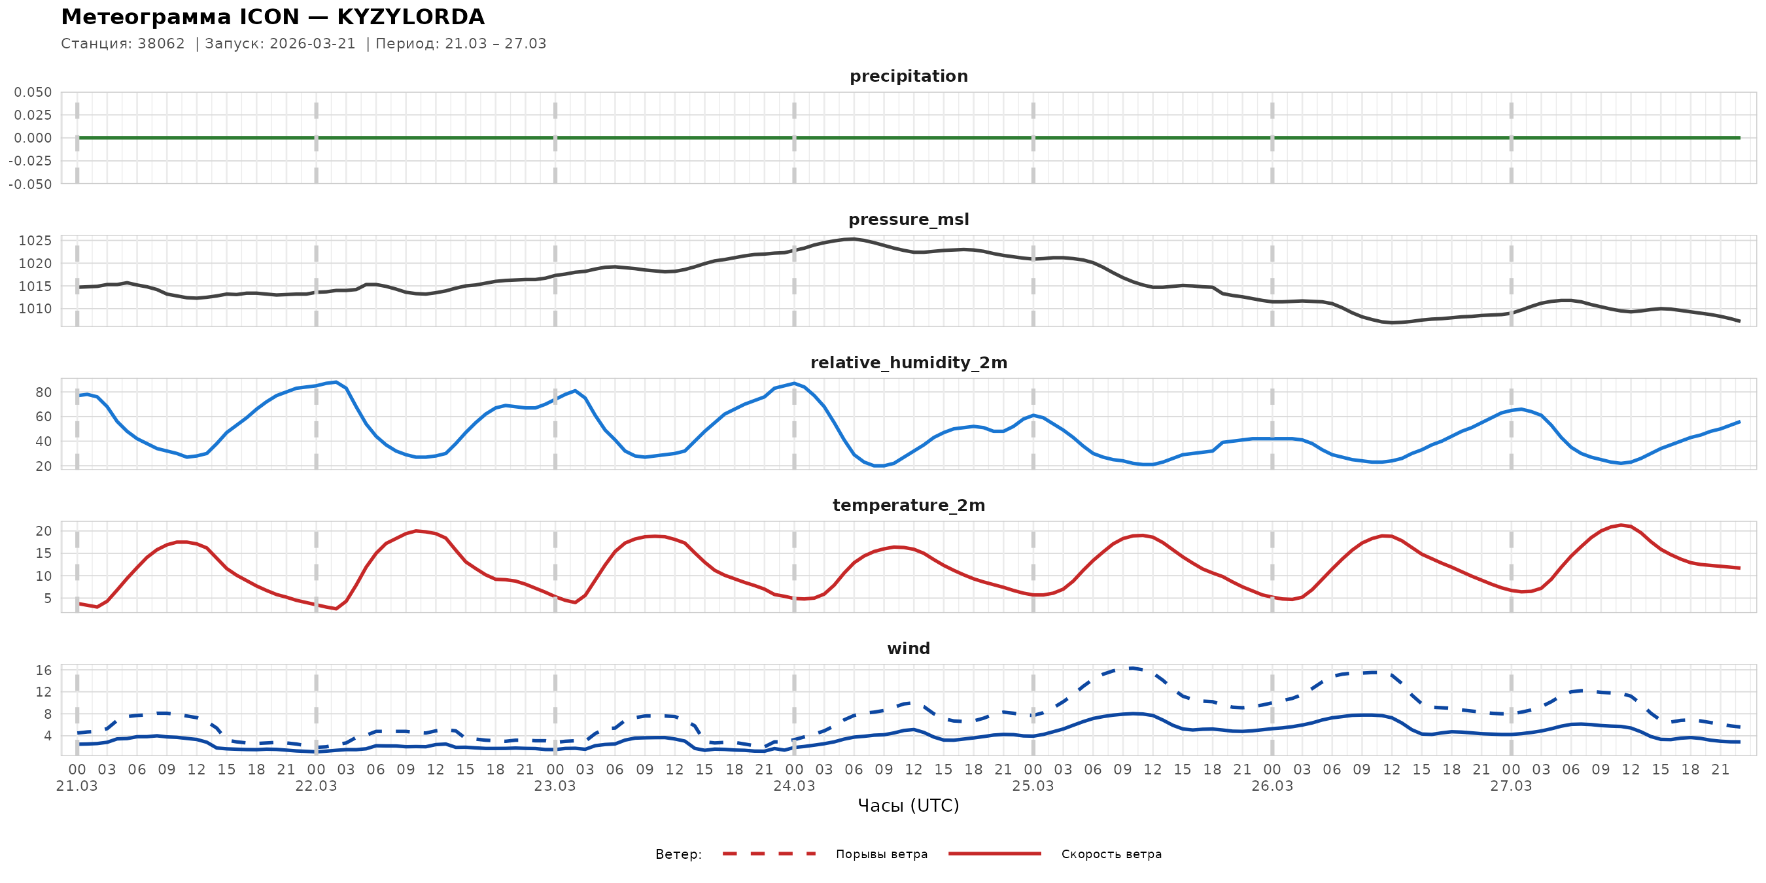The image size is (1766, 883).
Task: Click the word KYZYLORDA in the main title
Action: click(x=411, y=17)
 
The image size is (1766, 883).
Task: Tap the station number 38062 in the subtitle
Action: click(x=161, y=44)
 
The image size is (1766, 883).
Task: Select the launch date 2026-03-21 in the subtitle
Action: click(x=313, y=44)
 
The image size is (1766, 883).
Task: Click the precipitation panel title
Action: click(x=909, y=76)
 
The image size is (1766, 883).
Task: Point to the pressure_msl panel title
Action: click(x=909, y=219)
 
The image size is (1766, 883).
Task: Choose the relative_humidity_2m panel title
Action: click(x=909, y=362)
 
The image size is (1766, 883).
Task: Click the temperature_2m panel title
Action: click(x=909, y=505)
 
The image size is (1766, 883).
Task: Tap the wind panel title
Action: click(x=909, y=649)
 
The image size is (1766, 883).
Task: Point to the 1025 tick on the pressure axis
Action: click(x=35, y=241)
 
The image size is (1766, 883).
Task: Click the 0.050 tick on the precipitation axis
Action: click(x=33, y=92)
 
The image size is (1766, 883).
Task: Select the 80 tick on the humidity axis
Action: click(x=43, y=392)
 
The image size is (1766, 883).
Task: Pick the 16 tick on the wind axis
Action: click(x=43, y=670)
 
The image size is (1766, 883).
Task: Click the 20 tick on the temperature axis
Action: click(x=43, y=530)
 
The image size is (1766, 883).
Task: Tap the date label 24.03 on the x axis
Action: click(x=794, y=786)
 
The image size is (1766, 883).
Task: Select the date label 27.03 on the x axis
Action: click(x=1511, y=786)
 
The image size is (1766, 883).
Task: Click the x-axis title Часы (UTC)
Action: click(x=909, y=806)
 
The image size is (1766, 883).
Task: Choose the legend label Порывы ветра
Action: click(x=882, y=854)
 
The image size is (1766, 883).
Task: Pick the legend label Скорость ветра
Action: click(x=1111, y=854)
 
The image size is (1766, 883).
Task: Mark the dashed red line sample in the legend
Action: click(x=769, y=854)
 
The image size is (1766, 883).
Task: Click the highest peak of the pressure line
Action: click(x=852, y=239)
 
